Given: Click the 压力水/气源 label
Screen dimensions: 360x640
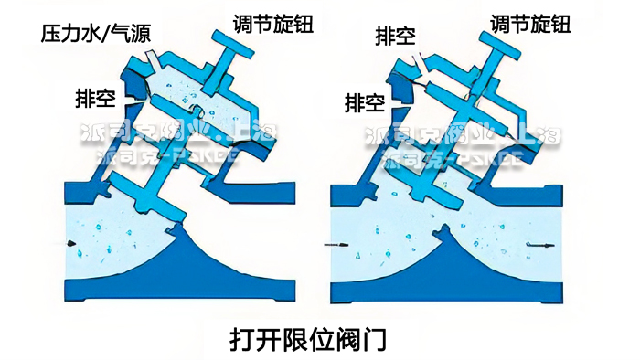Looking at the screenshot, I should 95,36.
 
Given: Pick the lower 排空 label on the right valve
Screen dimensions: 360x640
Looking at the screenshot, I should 366,103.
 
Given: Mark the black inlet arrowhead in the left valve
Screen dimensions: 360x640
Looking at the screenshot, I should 70,241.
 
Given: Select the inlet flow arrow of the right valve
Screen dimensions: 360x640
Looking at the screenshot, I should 337,246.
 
